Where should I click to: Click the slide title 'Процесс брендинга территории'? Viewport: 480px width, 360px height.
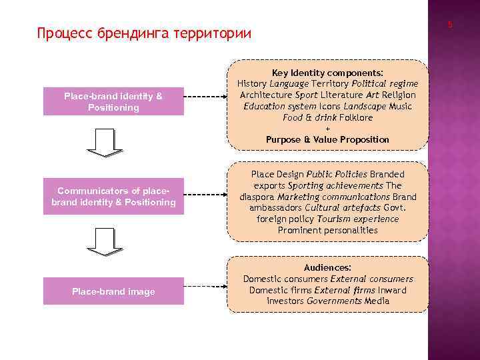coord(145,33)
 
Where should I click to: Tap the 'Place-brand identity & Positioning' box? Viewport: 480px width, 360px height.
coord(113,102)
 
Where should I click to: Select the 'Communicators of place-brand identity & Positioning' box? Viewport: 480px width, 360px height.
coord(113,197)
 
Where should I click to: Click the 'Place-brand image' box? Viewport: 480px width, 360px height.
coord(113,291)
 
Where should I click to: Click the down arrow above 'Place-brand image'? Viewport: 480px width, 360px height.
coord(105,241)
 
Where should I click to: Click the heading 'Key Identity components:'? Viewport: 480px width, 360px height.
coord(327,73)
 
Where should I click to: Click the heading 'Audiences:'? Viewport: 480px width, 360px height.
coord(327,267)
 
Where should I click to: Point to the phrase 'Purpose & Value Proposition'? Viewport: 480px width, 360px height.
coord(327,139)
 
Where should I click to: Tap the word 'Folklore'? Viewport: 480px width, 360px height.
coord(356,117)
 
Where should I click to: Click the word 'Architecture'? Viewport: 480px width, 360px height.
coord(264,95)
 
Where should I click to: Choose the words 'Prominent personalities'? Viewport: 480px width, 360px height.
coord(327,230)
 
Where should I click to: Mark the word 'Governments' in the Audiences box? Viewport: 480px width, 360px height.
coord(335,301)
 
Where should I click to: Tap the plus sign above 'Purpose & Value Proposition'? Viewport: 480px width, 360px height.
coord(327,129)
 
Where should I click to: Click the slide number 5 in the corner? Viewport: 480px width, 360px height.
coord(450,25)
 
